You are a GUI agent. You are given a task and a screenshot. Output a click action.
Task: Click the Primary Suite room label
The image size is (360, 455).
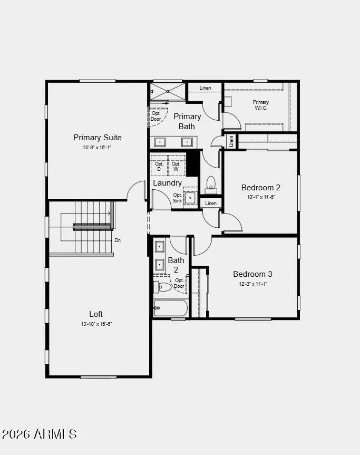coord(98,138)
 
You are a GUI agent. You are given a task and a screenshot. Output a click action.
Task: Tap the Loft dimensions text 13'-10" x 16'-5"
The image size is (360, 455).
coord(97,324)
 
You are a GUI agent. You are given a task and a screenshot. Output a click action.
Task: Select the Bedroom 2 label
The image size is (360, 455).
coord(260,188)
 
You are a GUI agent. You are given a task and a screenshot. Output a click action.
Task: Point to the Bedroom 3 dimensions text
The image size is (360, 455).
coord(252,284)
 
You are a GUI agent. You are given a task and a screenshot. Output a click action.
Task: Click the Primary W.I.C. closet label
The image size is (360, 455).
coord(260,105)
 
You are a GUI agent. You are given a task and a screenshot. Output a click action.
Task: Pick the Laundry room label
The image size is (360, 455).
coord(168,183)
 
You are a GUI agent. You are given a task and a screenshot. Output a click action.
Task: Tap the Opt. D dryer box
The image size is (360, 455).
coord(159,167)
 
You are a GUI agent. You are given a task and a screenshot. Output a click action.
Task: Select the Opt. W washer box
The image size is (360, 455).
coord(176,167)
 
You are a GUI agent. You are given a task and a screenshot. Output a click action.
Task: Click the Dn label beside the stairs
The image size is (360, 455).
coord(118,240)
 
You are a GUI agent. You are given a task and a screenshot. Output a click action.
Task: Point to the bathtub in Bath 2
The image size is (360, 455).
coord(170,308)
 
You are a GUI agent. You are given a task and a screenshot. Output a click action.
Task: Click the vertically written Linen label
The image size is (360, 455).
coord(231,141)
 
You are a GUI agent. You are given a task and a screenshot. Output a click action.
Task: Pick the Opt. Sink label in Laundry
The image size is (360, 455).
coord(178,198)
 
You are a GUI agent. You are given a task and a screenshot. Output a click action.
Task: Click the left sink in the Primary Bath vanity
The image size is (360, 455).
coord(160,142)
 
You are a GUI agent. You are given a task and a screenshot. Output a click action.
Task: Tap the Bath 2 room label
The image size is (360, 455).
coord(176,264)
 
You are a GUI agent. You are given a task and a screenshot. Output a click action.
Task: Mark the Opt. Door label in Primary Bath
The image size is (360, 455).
coord(156,116)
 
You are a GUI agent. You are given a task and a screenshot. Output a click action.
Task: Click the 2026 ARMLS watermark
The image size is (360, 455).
coord(40,434)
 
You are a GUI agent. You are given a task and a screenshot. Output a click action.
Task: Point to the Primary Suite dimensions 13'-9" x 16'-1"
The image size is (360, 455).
coord(97,148)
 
